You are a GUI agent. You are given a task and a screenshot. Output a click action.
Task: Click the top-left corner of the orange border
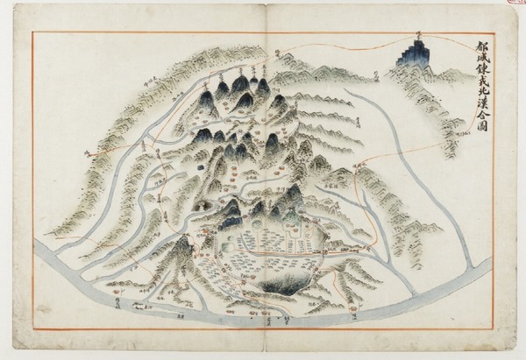[32, 32]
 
